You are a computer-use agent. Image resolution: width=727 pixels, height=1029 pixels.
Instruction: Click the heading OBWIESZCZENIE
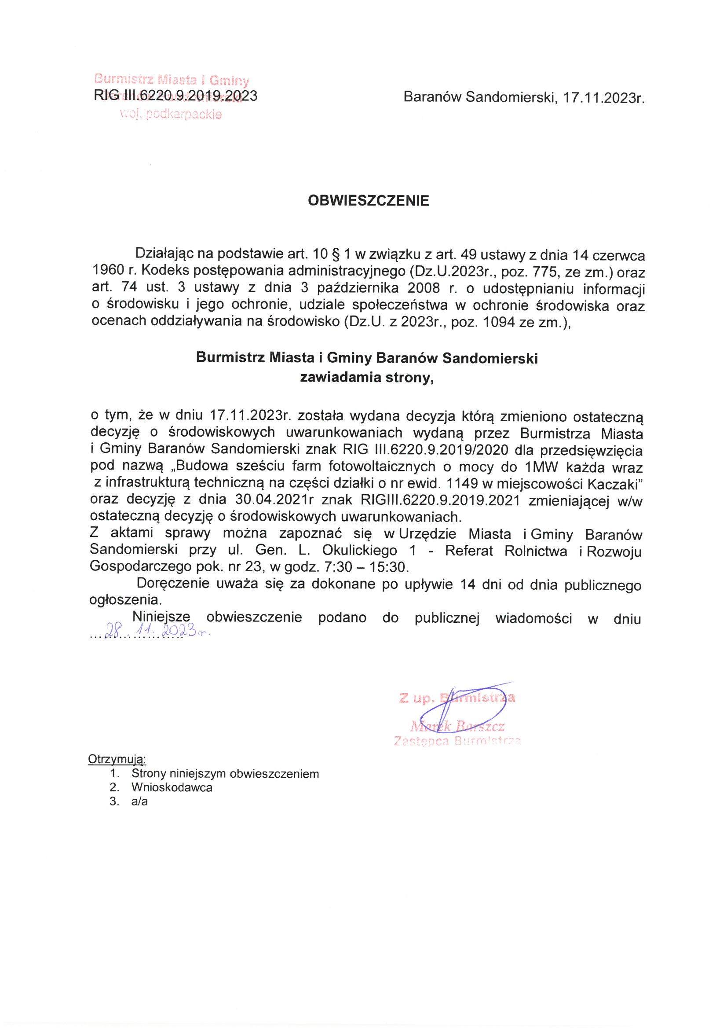coord(368,200)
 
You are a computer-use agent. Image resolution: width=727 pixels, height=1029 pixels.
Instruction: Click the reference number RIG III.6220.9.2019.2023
coord(175,96)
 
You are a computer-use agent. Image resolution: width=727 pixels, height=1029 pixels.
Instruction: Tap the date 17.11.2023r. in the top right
coord(603,98)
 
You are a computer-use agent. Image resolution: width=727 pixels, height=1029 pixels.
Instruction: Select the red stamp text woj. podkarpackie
coord(171,114)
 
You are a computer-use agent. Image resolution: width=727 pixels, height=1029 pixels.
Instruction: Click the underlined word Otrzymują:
coord(117,759)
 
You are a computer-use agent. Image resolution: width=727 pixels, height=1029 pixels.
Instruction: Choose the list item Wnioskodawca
coord(172,787)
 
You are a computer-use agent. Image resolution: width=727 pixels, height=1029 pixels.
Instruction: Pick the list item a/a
coord(139,801)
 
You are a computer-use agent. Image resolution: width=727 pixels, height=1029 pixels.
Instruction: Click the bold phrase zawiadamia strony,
coord(367,377)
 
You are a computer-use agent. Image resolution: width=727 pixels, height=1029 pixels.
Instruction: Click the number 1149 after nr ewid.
coord(462,484)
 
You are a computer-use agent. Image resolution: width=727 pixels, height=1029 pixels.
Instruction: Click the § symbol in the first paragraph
coord(336,254)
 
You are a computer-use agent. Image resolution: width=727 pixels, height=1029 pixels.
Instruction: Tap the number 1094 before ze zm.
coord(499,322)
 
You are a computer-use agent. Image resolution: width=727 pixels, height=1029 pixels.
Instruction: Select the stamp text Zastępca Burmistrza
coord(457,741)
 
